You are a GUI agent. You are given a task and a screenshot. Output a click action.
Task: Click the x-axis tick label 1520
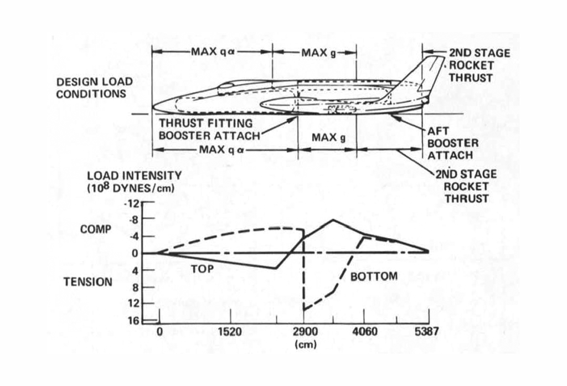click(x=230, y=332)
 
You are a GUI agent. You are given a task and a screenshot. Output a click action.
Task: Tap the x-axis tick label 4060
click(x=364, y=332)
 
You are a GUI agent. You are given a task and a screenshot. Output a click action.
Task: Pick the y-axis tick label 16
click(x=134, y=321)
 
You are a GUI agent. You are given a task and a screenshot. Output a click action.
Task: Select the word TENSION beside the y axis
click(x=87, y=282)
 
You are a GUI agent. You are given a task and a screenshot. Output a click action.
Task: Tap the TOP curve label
click(x=202, y=269)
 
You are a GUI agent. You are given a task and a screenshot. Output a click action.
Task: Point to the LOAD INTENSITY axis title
click(x=134, y=176)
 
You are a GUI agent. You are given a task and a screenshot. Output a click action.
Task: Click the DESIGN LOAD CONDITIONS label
click(x=95, y=88)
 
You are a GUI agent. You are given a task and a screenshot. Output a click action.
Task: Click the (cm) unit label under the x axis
click(x=302, y=343)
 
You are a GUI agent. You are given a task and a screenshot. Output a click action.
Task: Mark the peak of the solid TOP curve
click(x=332, y=220)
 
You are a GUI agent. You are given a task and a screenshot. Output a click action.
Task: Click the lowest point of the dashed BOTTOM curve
click(x=304, y=310)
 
